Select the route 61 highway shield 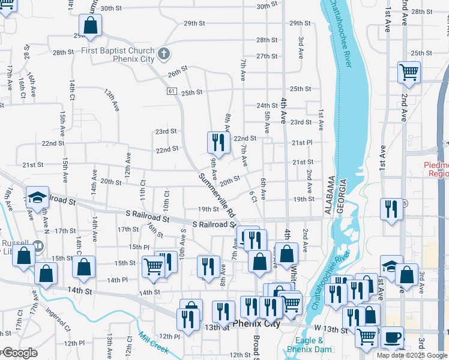[x=172, y=91]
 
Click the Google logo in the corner [x=20, y=353]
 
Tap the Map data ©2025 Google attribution [x=412, y=355]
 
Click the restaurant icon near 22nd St [x=218, y=142]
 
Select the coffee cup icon [x=393, y=337]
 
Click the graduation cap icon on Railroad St [x=37, y=197]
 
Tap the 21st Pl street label [x=302, y=143]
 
